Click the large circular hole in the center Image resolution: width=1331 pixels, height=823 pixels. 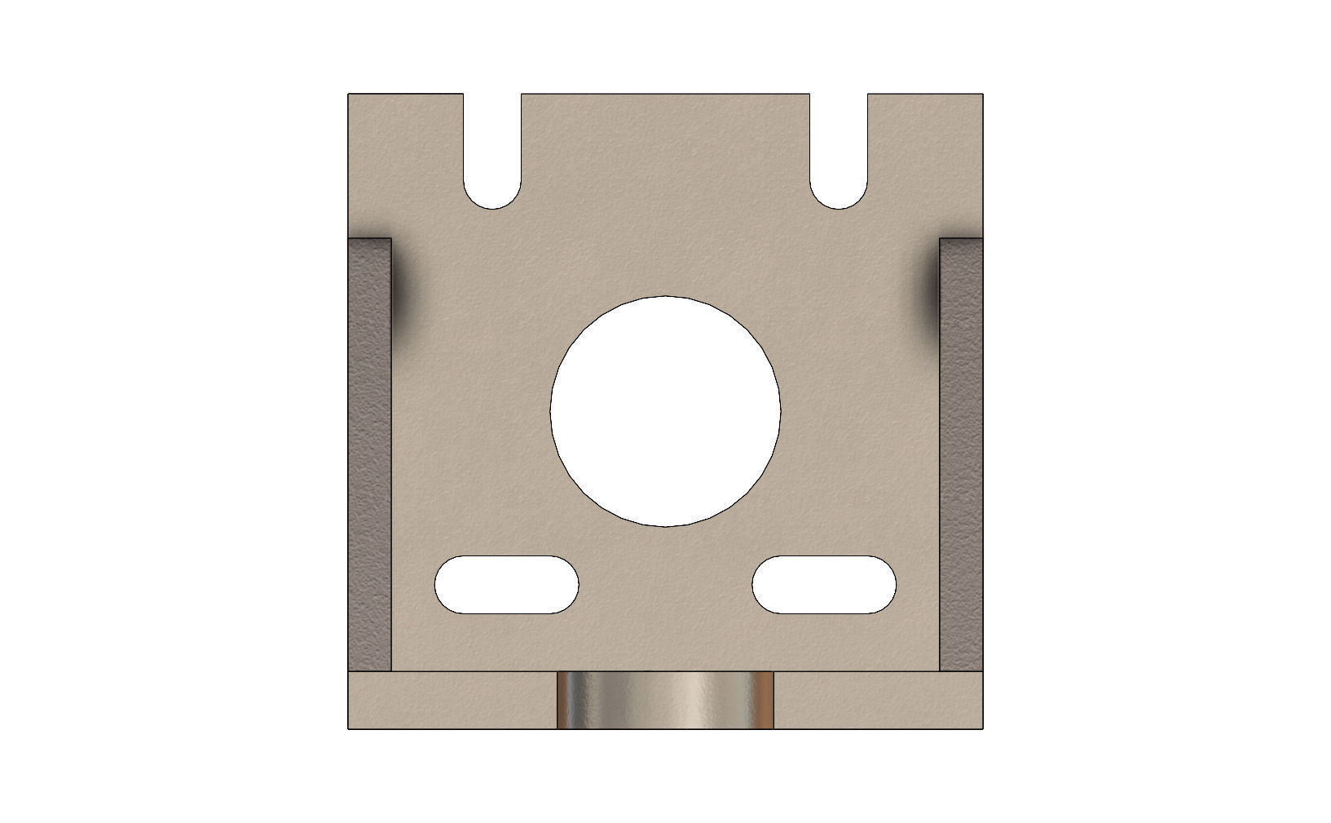(x=665, y=411)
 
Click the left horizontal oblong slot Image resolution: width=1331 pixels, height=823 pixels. (x=506, y=585)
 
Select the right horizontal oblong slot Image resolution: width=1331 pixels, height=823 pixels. (x=824, y=585)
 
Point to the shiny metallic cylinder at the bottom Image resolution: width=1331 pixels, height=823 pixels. (x=665, y=700)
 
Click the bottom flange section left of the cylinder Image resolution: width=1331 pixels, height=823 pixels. (x=452, y=700)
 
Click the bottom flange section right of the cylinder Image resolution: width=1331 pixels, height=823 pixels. (x=878, y=700)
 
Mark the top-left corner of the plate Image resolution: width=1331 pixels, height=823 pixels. (x=350, y=95)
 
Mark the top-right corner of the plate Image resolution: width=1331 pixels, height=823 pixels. (x=981, y=95)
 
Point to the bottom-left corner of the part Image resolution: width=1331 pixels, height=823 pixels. (x=350, y=728)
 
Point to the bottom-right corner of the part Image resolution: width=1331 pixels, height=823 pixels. (x=981, y=728)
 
